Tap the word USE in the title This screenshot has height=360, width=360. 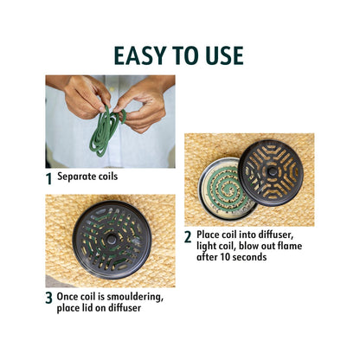[221, 55]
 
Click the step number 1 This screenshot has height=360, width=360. [49, 179]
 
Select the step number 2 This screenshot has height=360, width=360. [188, 237]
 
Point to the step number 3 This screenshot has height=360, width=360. [48, 299]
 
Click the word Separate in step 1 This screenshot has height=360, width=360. [75, 177]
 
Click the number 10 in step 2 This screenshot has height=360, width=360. [225, 257]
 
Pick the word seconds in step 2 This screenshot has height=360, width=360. [249, 257]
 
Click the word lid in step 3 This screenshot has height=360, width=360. [87, 308]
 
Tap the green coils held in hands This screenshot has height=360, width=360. [106, 130]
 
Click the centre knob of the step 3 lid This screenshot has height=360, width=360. [111, 240]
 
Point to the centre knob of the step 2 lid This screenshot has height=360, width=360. [272, 171]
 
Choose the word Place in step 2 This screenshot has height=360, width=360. [208, 235]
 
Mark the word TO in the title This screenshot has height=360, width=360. [183, 55]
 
